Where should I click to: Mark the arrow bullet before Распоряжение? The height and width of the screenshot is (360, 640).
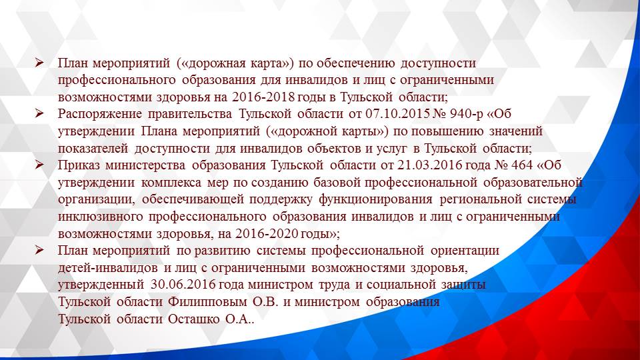(40, 113)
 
